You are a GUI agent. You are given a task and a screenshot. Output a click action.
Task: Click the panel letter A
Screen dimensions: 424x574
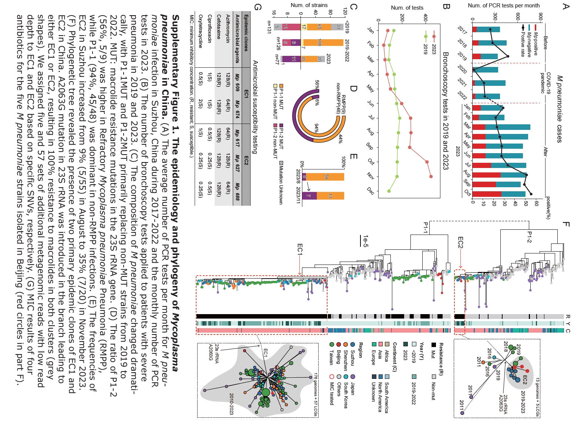coord(565,6)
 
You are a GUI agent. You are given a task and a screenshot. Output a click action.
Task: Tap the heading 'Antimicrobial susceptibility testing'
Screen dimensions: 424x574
coord(255,107)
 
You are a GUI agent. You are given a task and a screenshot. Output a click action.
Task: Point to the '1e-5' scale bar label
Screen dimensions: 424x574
coord(366,241)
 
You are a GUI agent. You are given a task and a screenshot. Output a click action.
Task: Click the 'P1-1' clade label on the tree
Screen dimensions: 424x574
coord(426,228)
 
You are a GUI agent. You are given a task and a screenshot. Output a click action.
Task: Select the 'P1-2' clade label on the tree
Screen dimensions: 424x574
coord(529,238)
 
